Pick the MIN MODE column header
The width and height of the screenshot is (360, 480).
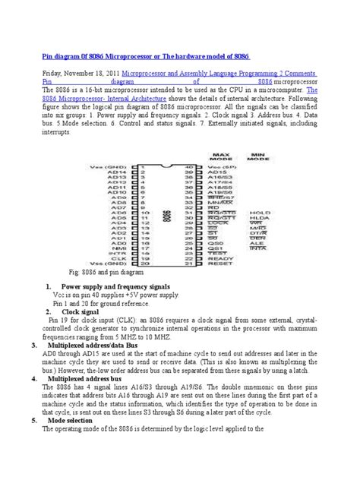pyautogui.click(x=261, y=156)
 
